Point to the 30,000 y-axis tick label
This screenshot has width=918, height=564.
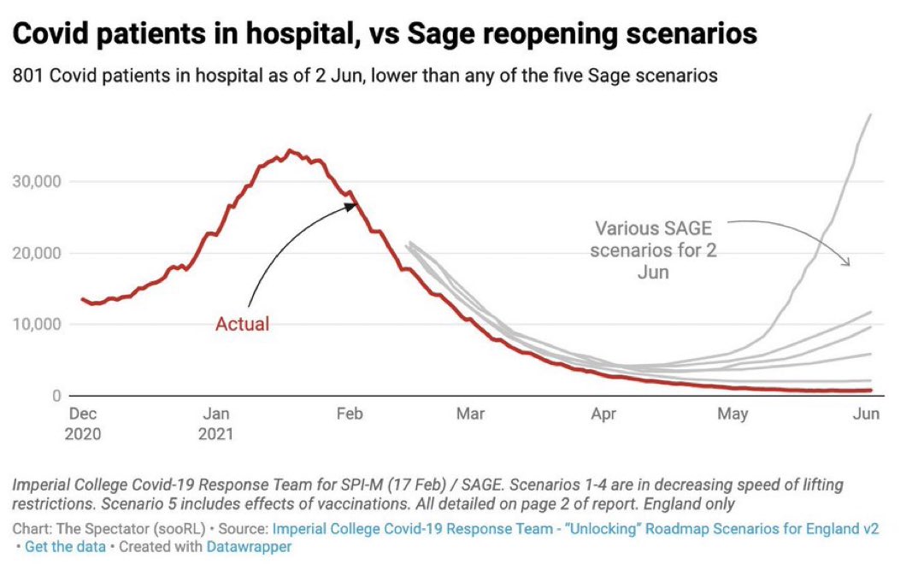(38, 181)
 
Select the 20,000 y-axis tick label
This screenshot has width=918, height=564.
(38, 253)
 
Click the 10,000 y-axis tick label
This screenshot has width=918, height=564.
(38, 325)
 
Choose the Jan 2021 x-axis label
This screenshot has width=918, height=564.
(216, 423)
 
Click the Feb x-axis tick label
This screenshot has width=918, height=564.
(350, 414)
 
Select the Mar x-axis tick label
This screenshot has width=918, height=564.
(469, 414)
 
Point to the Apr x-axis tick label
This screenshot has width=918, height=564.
(603, 414)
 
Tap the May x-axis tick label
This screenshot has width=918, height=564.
(733, 414)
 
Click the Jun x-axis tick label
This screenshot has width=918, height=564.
(867, 414)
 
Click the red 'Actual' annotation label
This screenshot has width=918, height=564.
(242, 324)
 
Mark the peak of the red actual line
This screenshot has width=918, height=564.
(290, 151)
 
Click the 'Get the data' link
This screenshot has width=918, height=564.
(65, 547)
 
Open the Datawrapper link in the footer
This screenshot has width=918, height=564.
(249, 547)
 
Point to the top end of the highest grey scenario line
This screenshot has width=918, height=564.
(870, 115)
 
